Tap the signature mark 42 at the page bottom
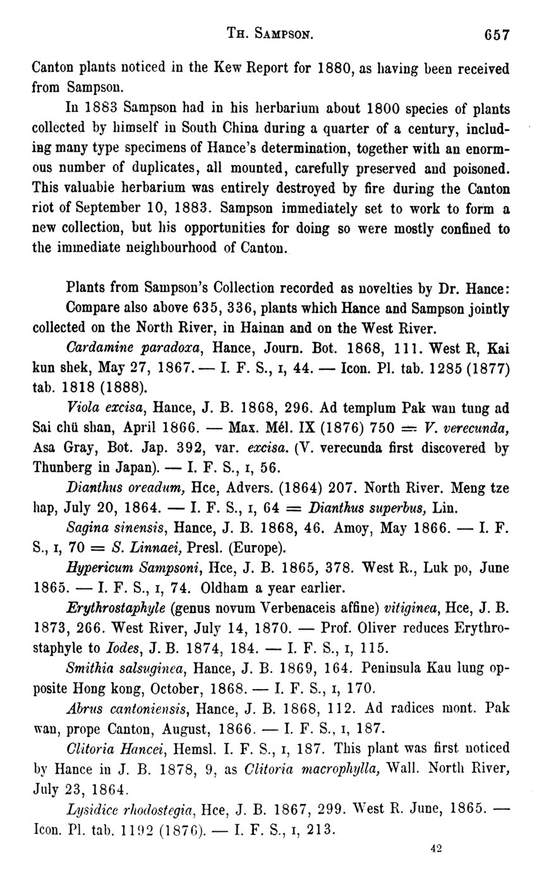click(436, 849)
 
